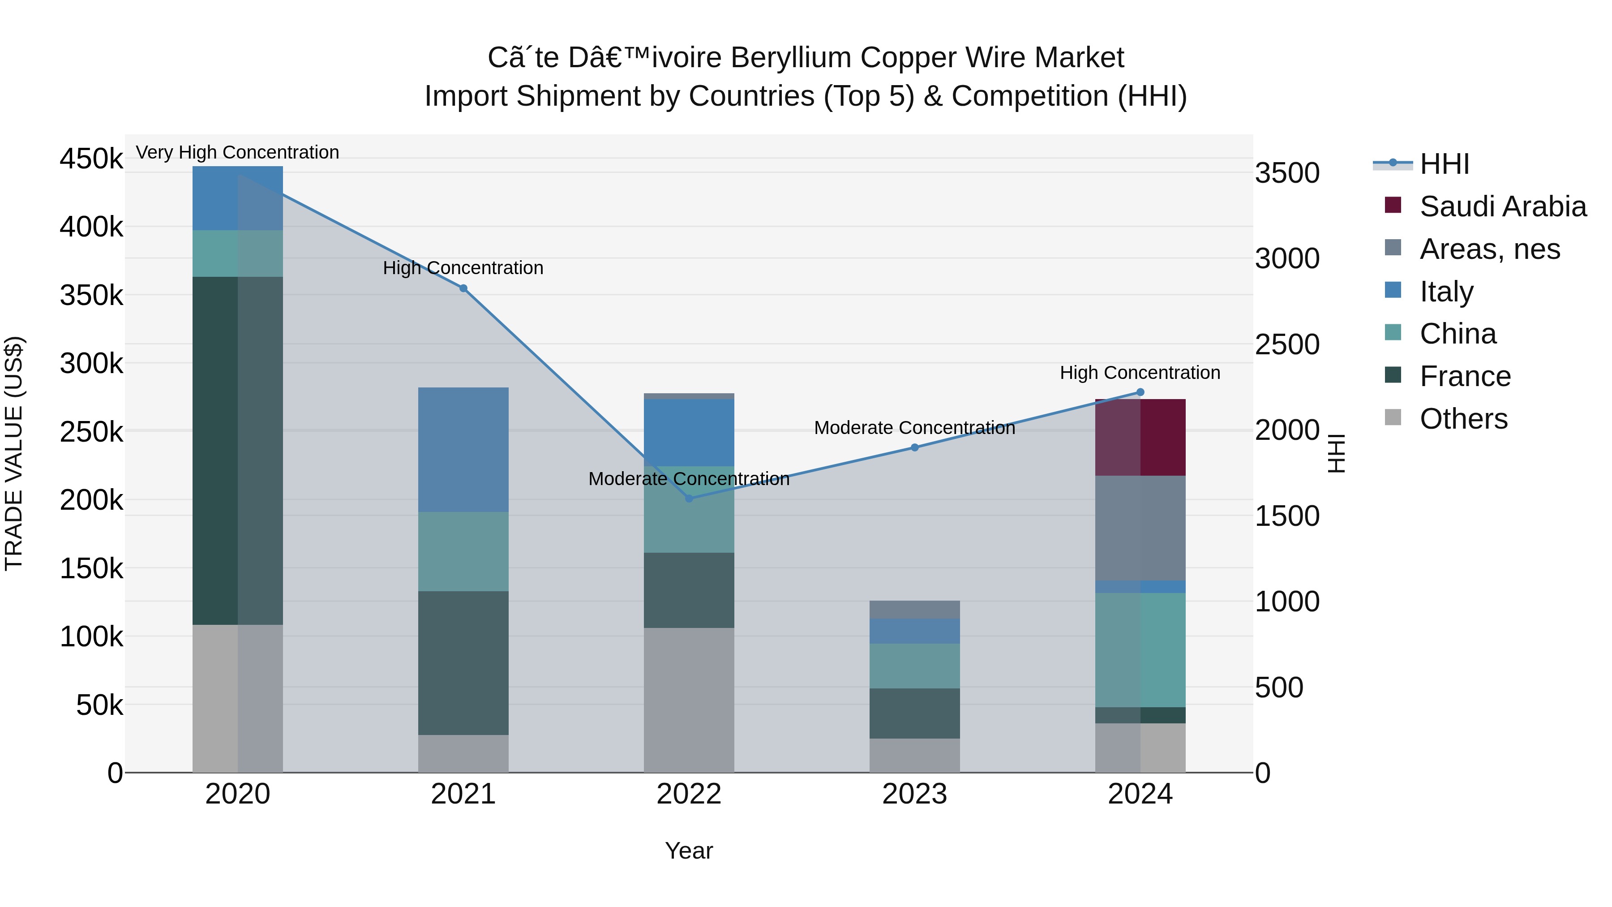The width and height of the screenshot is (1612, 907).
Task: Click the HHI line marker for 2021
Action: coord(463,288)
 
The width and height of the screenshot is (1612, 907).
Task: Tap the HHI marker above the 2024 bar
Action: coord(1140,392)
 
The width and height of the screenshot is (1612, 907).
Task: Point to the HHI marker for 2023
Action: coord(914,447)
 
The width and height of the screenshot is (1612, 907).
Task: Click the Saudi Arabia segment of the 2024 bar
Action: coord(1140,438)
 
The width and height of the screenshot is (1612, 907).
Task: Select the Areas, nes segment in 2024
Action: coord(1140,529)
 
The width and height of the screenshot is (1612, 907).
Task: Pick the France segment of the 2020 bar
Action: coord(237,451)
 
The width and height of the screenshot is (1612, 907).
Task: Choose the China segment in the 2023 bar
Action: coord(914,666)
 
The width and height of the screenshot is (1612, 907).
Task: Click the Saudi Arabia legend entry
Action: coord(1502,206)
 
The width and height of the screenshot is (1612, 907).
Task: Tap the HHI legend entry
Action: coord(1444,164)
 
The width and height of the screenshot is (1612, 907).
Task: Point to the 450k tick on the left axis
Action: coord(92,159)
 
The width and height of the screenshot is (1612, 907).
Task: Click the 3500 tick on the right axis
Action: coord(1287,173)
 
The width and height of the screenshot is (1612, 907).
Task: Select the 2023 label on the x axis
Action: coord(914,794)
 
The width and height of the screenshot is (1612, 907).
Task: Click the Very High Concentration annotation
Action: coord(237,153)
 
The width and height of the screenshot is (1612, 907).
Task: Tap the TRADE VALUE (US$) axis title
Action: coord(14,453)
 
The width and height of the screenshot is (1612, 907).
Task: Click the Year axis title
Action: coord(689,851)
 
